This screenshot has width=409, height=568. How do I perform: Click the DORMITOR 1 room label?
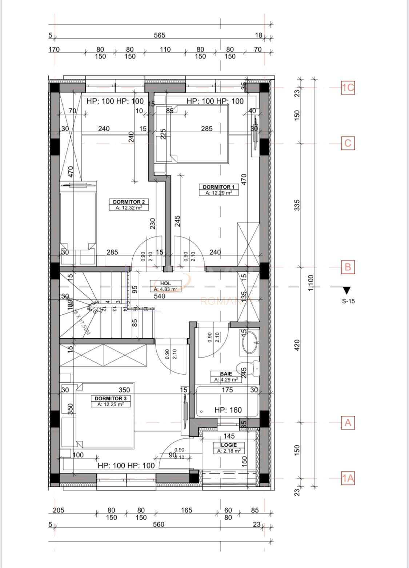tap(218, 187)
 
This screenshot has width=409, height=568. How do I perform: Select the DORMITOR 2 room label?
tap(129, 202)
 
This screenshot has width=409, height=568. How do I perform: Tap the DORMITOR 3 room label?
tap(111, 398)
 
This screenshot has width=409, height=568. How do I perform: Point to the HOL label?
tap(165, 283)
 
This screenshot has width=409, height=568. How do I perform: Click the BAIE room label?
tap(226, 374)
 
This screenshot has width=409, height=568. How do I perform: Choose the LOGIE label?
tap(229, 445)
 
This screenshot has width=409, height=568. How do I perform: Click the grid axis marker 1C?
tap(348, 88)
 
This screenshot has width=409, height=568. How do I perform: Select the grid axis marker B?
tap(348, 267)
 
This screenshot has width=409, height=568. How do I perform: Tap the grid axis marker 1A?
tap(348, 478)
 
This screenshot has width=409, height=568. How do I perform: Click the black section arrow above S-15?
tap(346, 290)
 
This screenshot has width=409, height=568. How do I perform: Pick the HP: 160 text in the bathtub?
tap(228, 410)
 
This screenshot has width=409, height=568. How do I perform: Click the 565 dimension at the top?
tap(159, 35)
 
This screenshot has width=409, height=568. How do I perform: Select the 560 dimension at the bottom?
tap(159, 524)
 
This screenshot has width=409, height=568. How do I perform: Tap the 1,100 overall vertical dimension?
tap(310, 283)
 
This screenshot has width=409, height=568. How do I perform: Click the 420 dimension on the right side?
tap(297, 345)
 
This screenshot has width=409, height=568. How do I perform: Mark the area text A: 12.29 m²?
tap(218, 193)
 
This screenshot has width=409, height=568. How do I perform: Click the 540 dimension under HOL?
tap(160, 296)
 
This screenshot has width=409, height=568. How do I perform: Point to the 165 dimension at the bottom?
tap(186, 510)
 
